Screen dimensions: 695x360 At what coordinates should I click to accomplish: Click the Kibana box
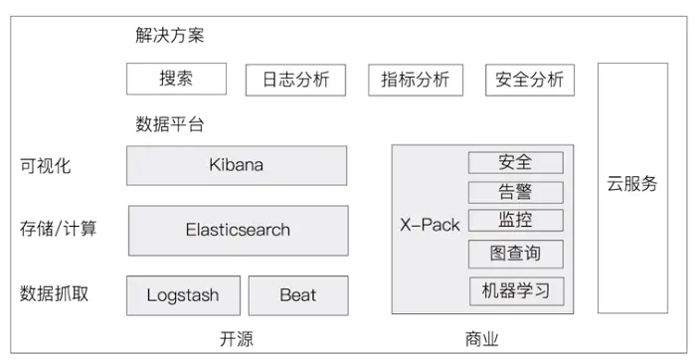(237, 165)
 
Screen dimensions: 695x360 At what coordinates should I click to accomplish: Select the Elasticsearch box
(239, 231)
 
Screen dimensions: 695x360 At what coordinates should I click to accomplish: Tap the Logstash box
(184, 295)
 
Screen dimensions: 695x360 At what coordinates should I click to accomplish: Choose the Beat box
(298, 295)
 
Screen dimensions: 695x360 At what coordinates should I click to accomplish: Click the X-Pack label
(430, 225)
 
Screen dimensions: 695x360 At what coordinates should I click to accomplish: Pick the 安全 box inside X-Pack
(516, 162)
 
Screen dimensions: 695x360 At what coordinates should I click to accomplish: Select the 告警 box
(516, 192)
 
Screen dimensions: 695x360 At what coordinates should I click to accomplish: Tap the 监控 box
(516, 221)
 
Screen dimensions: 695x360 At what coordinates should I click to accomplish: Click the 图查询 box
(516, 254)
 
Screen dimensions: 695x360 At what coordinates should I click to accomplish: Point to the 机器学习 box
(517, 291)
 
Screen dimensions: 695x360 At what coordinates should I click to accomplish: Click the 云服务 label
(632, 183)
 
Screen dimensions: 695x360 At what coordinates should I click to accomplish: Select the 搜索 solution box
(176, 79)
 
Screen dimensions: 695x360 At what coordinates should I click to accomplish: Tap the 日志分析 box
(295, 81)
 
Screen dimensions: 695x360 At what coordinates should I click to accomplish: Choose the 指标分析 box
(416, 80)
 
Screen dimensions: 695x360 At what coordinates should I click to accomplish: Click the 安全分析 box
(530, 80)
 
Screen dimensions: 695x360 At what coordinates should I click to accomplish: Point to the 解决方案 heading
(170, 35)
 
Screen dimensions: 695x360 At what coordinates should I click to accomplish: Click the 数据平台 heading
(170, 124)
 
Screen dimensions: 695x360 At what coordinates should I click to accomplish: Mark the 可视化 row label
(45, 166)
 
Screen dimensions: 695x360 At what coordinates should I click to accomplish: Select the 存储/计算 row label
(58, 229)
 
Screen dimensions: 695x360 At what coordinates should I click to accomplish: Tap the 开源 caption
(237, 339)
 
